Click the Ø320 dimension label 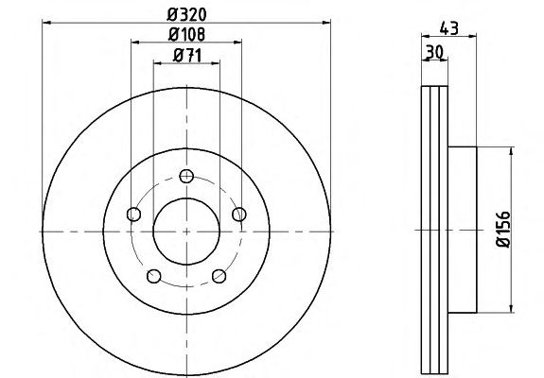(x=186, y=14)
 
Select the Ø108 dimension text (x=186, y=34)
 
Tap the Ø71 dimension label (x=187, y=56)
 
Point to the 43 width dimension (x=449, y=28)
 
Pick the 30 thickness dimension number (x=434, y=52)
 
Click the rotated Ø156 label (x=503, y=230)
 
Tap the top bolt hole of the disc (x=186, y=177)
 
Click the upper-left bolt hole (x=134, y=215)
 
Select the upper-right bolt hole (x=239, y=215)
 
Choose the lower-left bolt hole (x=153, y=276)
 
